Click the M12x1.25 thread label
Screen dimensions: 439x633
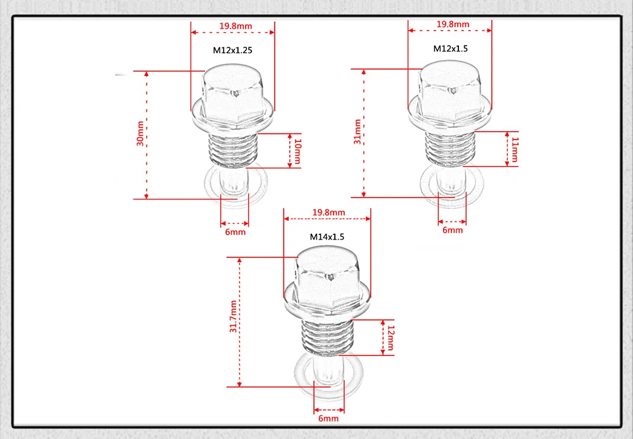coord(233,49)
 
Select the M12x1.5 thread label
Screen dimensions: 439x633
coord(450,48)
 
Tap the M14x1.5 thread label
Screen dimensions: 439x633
coord(327,237)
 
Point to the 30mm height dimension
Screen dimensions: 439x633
coord(140,134)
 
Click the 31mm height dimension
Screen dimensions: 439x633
coord(357,132)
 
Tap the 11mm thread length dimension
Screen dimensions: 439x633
coord(514,148)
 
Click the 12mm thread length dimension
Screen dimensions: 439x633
coord(391,337)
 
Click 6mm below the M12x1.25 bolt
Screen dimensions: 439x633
coord(235,232)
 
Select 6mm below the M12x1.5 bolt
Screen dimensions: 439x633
coord(453,231)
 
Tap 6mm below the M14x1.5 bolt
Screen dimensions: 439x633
coord(329,419)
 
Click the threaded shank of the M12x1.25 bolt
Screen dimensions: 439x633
coord(233,151)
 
